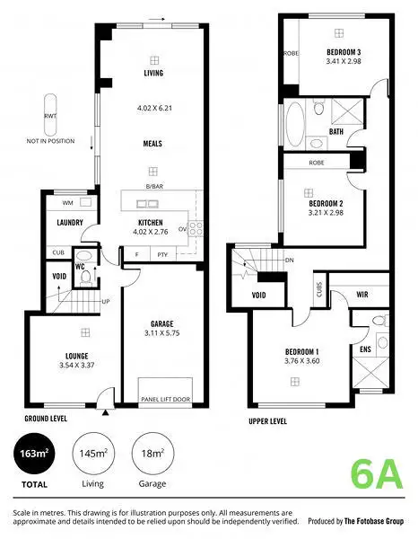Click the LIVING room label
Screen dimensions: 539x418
(x=152, y=73)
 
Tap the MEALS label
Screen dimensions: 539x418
(x=152, y=143)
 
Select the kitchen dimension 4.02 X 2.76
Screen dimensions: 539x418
(x=152, y=233)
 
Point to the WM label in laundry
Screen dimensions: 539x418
(x=55, y=204)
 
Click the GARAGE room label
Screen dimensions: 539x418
(x=162, y=323)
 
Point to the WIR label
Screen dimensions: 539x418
(x=363, y=294)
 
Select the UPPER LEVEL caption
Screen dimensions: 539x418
(x=269, y=420)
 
